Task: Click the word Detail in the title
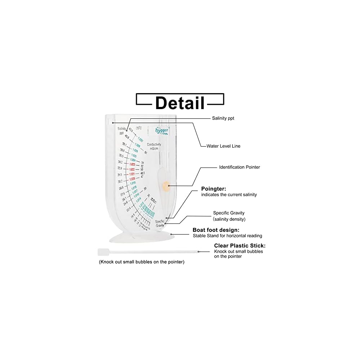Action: click(180, 103)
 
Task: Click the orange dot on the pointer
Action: click(166, 186)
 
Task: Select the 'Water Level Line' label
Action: click(223, 146)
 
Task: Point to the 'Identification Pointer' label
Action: click(239, 167)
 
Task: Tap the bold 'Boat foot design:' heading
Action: click(216, 230)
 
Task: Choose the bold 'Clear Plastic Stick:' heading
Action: click(240, 246)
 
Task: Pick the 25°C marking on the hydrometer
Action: click(139, 128)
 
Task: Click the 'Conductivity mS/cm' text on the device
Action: click(154, 146)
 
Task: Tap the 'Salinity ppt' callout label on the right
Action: click(223, 118)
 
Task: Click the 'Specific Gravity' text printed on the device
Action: click(160, 223)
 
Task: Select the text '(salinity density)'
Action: click(229, 219)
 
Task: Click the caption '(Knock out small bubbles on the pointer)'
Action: click(141, 262)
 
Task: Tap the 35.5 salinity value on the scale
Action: click(121, 156)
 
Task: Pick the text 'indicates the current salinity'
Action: click(229, 195)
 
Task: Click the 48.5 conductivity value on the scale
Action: click(142, 173)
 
